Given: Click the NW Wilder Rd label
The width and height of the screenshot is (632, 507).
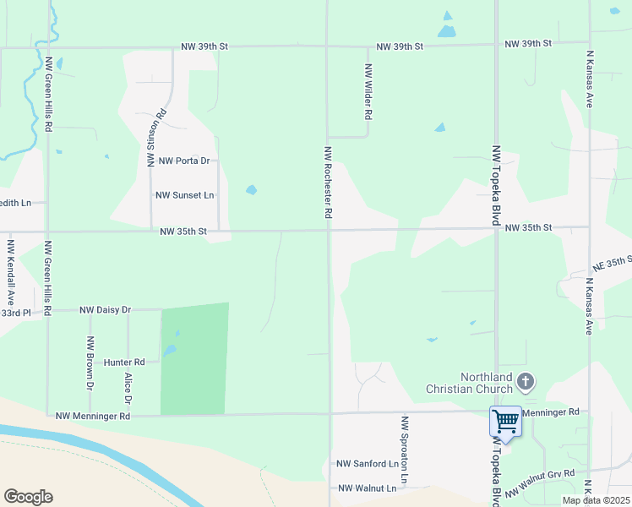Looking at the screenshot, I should pos(368,91).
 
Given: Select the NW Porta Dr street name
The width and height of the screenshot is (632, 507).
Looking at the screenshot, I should pos(183,161).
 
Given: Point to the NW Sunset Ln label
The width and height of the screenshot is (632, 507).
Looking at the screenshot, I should pos(185,195).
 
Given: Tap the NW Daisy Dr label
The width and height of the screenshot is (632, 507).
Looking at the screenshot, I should pos(106,310).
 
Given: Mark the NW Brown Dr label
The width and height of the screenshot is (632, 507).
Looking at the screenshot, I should pos(90,364).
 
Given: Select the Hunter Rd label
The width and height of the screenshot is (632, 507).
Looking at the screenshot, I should pos(124,362).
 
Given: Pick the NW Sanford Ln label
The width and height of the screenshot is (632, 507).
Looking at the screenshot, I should pos(368,464).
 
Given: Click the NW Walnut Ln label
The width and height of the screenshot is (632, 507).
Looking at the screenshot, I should pos(367,488).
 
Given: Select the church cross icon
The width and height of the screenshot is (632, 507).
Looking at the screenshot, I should pos(526,382).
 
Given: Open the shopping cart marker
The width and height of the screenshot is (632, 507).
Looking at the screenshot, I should pos(505,420).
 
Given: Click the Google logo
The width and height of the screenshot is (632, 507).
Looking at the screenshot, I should pos(28,497).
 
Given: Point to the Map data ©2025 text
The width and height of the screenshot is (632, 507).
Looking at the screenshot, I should pos(596,500).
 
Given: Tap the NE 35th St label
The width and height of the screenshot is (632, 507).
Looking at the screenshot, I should pos(612,264).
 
